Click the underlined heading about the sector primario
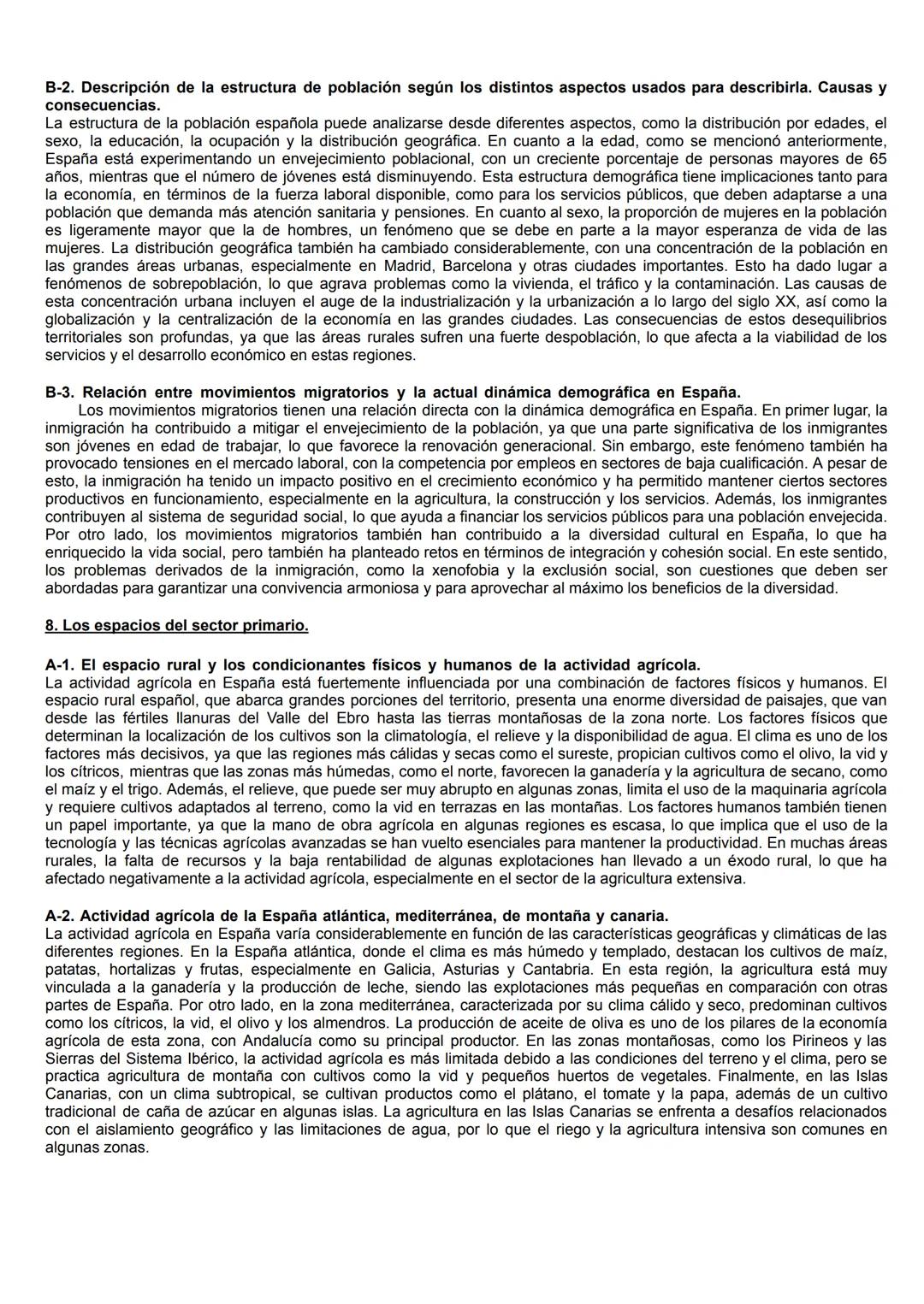pyautogui.click(x=176, y=625)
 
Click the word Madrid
pyautogui.click(x=412, y=266)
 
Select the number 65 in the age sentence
pyautogui.click(x=877, y=159)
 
